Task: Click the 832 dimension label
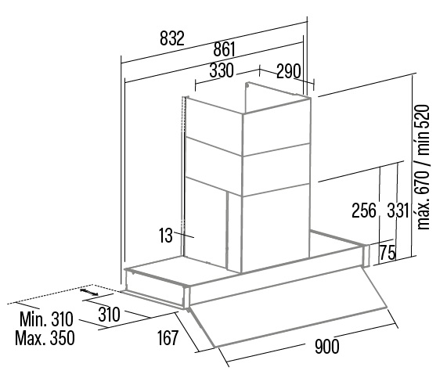tap(172, 38)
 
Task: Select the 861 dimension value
tap(225, 49)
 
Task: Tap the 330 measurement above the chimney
tap(222, 70)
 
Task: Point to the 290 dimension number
tap(289, 71)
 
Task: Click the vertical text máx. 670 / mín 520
tap(423, 167)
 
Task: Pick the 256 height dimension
tap(364, 211)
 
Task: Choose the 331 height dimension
tap(398, 211)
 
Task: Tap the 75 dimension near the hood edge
tap(388, 252)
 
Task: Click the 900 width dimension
tap(327, 346)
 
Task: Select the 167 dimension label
tap(168, 337)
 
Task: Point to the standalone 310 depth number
tap(109, 315)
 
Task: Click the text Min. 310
tap(46, 319)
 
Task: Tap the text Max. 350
tap(45, 338)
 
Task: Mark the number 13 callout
tap(166, 236)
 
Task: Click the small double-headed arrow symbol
tap(89, 292)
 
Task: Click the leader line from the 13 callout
tap(184, 235)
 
